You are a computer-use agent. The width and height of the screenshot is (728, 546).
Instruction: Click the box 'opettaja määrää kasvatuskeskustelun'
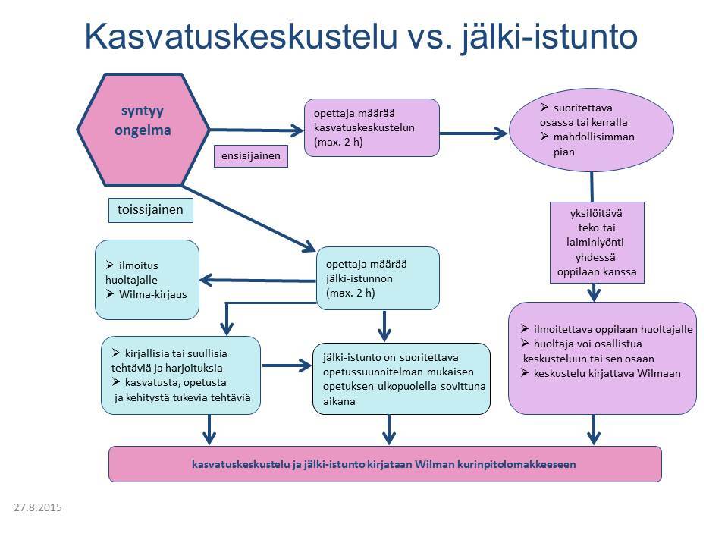click(372, 127)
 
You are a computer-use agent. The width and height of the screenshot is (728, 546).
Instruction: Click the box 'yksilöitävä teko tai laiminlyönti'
click(597, 240)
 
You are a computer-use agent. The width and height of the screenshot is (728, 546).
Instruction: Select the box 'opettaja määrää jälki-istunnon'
click(378, 278)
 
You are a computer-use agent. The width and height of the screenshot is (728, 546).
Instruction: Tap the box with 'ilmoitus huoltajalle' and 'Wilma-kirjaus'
click(146, 279)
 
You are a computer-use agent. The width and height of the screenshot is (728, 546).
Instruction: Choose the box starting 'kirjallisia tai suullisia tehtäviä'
click(180, 375)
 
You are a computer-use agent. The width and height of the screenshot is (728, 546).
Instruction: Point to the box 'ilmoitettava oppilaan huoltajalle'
click(602, 358)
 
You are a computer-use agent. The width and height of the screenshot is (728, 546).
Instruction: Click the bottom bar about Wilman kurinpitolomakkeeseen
click(384, 463)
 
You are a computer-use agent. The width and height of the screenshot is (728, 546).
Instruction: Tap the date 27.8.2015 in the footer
click(37, 506)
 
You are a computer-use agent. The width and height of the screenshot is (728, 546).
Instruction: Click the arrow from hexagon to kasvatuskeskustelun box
click(254, 130)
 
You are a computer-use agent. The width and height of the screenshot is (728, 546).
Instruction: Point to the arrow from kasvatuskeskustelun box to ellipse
click(473, 133)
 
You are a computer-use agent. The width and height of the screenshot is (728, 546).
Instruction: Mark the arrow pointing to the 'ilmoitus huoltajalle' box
click(258, 281)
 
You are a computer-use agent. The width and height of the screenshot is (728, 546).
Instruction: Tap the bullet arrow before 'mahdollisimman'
click(544, 136)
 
